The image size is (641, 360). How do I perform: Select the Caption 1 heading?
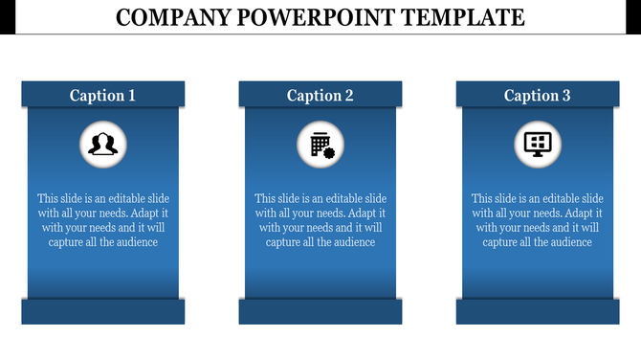coord(102,95)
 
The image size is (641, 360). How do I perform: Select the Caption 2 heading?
coord(320,95)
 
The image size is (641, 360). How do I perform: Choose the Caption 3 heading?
coord(538,95)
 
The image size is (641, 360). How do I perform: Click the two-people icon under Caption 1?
coord(102,144)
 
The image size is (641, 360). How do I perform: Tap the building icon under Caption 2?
coord(320,144)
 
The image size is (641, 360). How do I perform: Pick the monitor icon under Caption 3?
coord(538,144)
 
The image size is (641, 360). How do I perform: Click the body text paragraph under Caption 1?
coord(102,220)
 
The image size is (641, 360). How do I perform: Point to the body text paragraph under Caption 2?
coord(320,220)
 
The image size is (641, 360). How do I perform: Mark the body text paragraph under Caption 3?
coord(538,220)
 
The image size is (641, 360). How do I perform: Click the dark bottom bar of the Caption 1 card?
coord(102,311)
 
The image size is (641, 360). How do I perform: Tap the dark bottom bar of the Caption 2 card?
coord(320,311)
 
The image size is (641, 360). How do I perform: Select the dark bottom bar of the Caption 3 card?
coord(538,311)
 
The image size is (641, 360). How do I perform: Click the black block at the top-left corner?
coord(7,16)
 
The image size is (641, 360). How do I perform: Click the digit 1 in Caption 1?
coord(131,95)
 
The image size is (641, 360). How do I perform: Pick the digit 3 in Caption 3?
coord(566,95)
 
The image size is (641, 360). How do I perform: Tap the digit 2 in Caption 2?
coord(349,95)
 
